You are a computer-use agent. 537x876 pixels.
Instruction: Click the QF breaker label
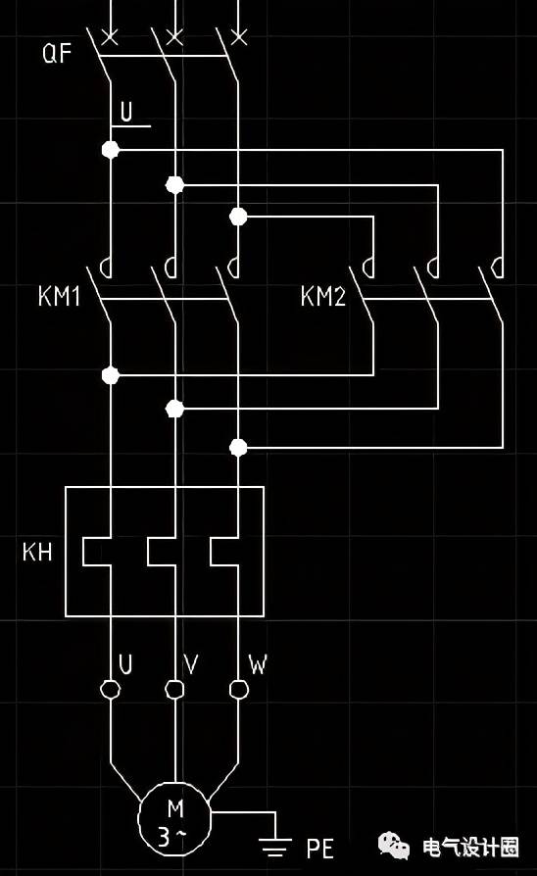57,53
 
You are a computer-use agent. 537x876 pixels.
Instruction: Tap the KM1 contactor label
59,296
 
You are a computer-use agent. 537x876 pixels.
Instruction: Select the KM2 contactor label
323,296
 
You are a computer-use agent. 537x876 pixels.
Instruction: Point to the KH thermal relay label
37,552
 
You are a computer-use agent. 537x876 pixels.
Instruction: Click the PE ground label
320,848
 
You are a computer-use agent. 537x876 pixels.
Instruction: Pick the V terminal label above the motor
191,663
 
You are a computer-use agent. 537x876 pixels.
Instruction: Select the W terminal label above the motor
258,663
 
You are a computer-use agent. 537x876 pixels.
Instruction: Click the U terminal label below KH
126,663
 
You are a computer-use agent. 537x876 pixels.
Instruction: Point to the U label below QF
126,112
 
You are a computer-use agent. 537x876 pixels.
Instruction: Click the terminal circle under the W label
238,690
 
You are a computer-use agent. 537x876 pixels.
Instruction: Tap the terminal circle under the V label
174,690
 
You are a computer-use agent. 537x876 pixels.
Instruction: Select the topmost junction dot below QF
111,150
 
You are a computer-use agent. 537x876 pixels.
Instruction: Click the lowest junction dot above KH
238,448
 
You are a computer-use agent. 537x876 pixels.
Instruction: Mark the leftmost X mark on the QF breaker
110,37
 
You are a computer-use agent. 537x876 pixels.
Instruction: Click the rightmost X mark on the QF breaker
238,37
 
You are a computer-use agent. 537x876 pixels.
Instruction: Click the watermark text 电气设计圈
470,847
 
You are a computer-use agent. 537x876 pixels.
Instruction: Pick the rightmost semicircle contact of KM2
496,268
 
